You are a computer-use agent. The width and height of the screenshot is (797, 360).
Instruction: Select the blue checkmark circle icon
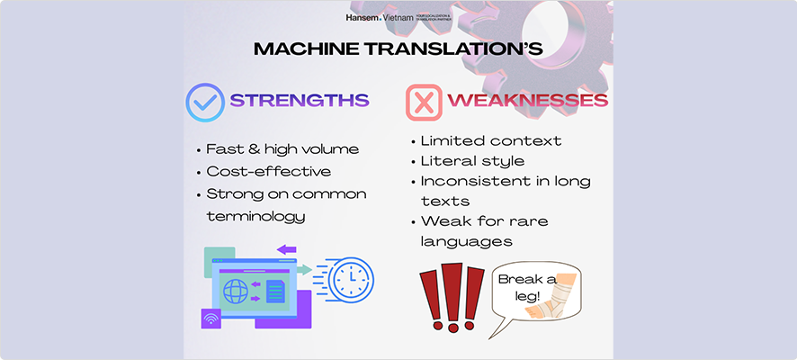click(x=205, y=102)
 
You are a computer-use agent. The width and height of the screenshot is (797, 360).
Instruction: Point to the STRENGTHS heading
click(x=300, y=101)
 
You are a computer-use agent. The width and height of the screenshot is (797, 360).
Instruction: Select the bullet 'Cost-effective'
click(x=268, y=172)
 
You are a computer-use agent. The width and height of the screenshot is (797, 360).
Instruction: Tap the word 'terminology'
click(x=255, y=216)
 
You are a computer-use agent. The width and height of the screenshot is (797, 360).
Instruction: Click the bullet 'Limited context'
click(x=490, y=141)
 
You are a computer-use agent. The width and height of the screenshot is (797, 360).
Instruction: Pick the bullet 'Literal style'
click(x=472, y=162)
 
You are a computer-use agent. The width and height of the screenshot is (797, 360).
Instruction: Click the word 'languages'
click(x=466, y=241)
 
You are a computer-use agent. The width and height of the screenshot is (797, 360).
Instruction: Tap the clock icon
click(x=349, y=281)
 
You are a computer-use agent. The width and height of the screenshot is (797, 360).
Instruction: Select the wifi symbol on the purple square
click(x=211, y=318)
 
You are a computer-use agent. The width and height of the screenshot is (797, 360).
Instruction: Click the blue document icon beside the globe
click(x=275, y=291)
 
